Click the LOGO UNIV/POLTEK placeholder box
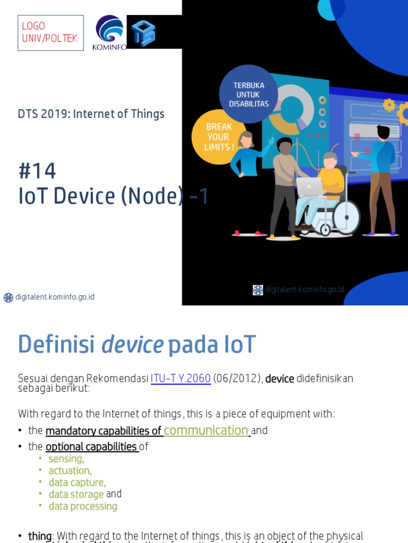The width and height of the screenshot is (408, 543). pyautogui.click(x=50, y=33)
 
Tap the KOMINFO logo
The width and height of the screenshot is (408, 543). pyautogui.click(x=110, y=32)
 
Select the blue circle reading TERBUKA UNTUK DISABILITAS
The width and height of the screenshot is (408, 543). pyautogui.click(x=249, y=94)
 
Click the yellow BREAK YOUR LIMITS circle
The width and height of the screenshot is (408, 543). pyautogui.click(x=219, y=136)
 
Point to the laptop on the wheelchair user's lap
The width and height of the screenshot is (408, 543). pyautogui.click(x=310, y=187)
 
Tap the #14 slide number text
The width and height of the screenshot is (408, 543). pyautogui.click(x=37, y=171)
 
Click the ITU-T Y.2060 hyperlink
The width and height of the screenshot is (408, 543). pyautogui.click(x=181, y=379)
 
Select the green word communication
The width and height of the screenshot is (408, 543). pyautogui.click(x=206, y=430)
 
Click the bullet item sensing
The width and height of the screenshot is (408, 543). pyautogui.click(x=66, y=459)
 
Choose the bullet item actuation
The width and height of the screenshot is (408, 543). pyautogui.click(x=70, y=470)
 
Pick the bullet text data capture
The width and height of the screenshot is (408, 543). pyautogui.click(x=77, y=482)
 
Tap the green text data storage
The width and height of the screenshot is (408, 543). pyautogui.click(x=76, y=494)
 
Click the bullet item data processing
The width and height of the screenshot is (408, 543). pyautogui.click(x=83, y=506)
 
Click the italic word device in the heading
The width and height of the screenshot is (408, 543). pyautogui.click(x=132, y=345)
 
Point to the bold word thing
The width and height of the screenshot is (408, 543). pyautogui.click(x=40, y=536)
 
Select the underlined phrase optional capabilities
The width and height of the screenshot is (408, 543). pyautogui.click(x=91, y=446)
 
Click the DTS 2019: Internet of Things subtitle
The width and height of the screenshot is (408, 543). pyautogui.click(x=91, y=114)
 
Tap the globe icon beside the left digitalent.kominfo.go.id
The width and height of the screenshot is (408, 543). pyautogui.click(x=8, y=297)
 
